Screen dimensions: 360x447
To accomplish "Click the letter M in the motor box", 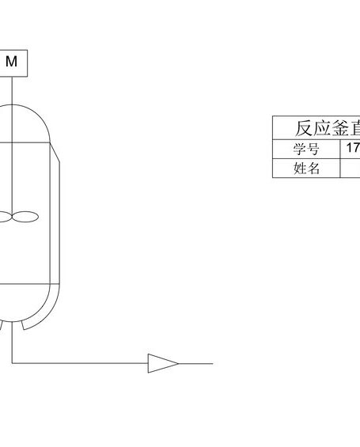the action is [11, 61].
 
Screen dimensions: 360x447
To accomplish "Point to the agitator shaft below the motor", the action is [12, 146].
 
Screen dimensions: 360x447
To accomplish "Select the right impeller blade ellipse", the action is [25, 217].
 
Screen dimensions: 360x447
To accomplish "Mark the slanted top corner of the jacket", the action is [55, 153].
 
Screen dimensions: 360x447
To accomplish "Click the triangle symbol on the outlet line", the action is [163, 363].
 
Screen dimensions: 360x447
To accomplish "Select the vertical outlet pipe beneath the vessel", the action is [12, 342].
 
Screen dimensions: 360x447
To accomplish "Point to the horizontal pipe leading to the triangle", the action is [80, 363].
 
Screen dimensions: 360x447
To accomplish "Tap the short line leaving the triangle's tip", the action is [195, 364].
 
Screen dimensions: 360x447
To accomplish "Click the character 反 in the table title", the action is [304, 128].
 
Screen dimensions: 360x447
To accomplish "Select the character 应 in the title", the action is [322, 128].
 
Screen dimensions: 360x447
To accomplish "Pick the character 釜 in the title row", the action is [341, 128].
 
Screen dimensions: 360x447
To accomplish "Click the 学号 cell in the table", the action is [306, 149].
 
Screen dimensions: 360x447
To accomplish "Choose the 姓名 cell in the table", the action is [306, 169].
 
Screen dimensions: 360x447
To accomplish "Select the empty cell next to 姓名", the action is [351, 169].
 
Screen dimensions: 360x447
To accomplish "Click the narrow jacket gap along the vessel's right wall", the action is [55, 222].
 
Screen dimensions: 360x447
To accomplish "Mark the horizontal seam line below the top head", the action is [25, 142].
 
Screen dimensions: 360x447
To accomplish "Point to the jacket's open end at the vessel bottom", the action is [24, 326].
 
